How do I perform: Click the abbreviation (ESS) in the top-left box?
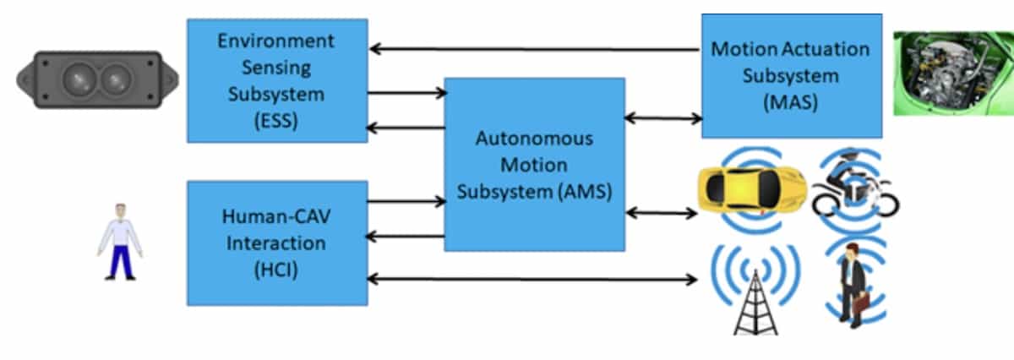pos(276,119)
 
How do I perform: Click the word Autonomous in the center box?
pos(534,138)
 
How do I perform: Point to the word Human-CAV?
pos(276,216)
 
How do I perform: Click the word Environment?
pos(276,41)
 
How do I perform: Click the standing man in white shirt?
pos(120,241)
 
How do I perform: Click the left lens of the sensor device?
pos(78,80)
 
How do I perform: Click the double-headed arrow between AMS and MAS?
pos(663,118)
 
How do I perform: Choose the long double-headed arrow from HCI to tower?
pos(533,278)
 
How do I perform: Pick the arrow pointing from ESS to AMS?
pos(406,93)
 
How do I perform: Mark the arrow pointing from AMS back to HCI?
pos(406,236)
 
